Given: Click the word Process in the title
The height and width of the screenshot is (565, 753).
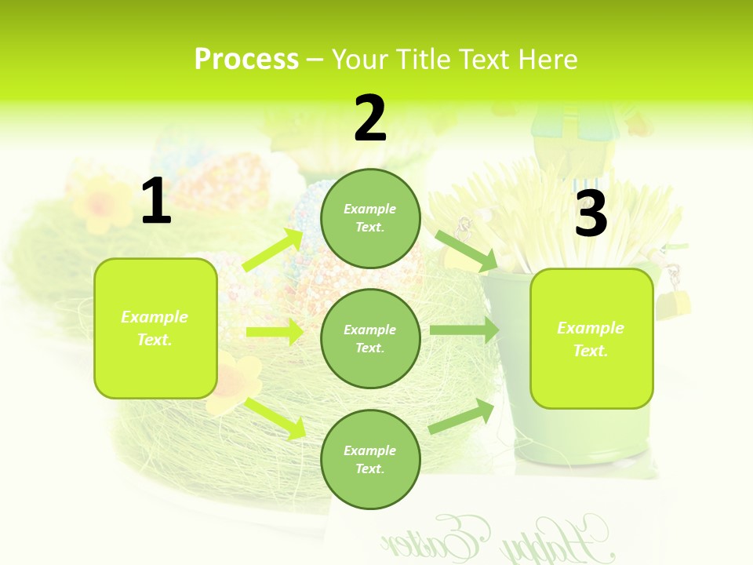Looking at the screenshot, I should (x=246, y=60).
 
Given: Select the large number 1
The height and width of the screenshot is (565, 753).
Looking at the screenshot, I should (x=156, y=202).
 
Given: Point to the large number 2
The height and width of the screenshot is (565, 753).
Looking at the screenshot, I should (x=370, y=119).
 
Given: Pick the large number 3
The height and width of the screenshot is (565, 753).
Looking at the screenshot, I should (x=591, y=213).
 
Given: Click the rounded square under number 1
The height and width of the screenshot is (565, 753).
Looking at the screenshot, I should (x=155, y=328).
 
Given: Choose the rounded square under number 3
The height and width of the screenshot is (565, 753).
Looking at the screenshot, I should (x=591, y=338).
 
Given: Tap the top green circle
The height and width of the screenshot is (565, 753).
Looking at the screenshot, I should (x=370, y=218).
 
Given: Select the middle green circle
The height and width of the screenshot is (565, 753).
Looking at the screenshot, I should (x=370, y=338).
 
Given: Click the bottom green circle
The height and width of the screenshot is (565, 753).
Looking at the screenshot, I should (x=370, y=459).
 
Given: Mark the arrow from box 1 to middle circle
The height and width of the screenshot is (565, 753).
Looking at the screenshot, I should (x=275, y=332).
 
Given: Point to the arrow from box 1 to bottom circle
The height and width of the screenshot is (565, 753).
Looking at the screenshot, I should (x=275, y=417).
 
